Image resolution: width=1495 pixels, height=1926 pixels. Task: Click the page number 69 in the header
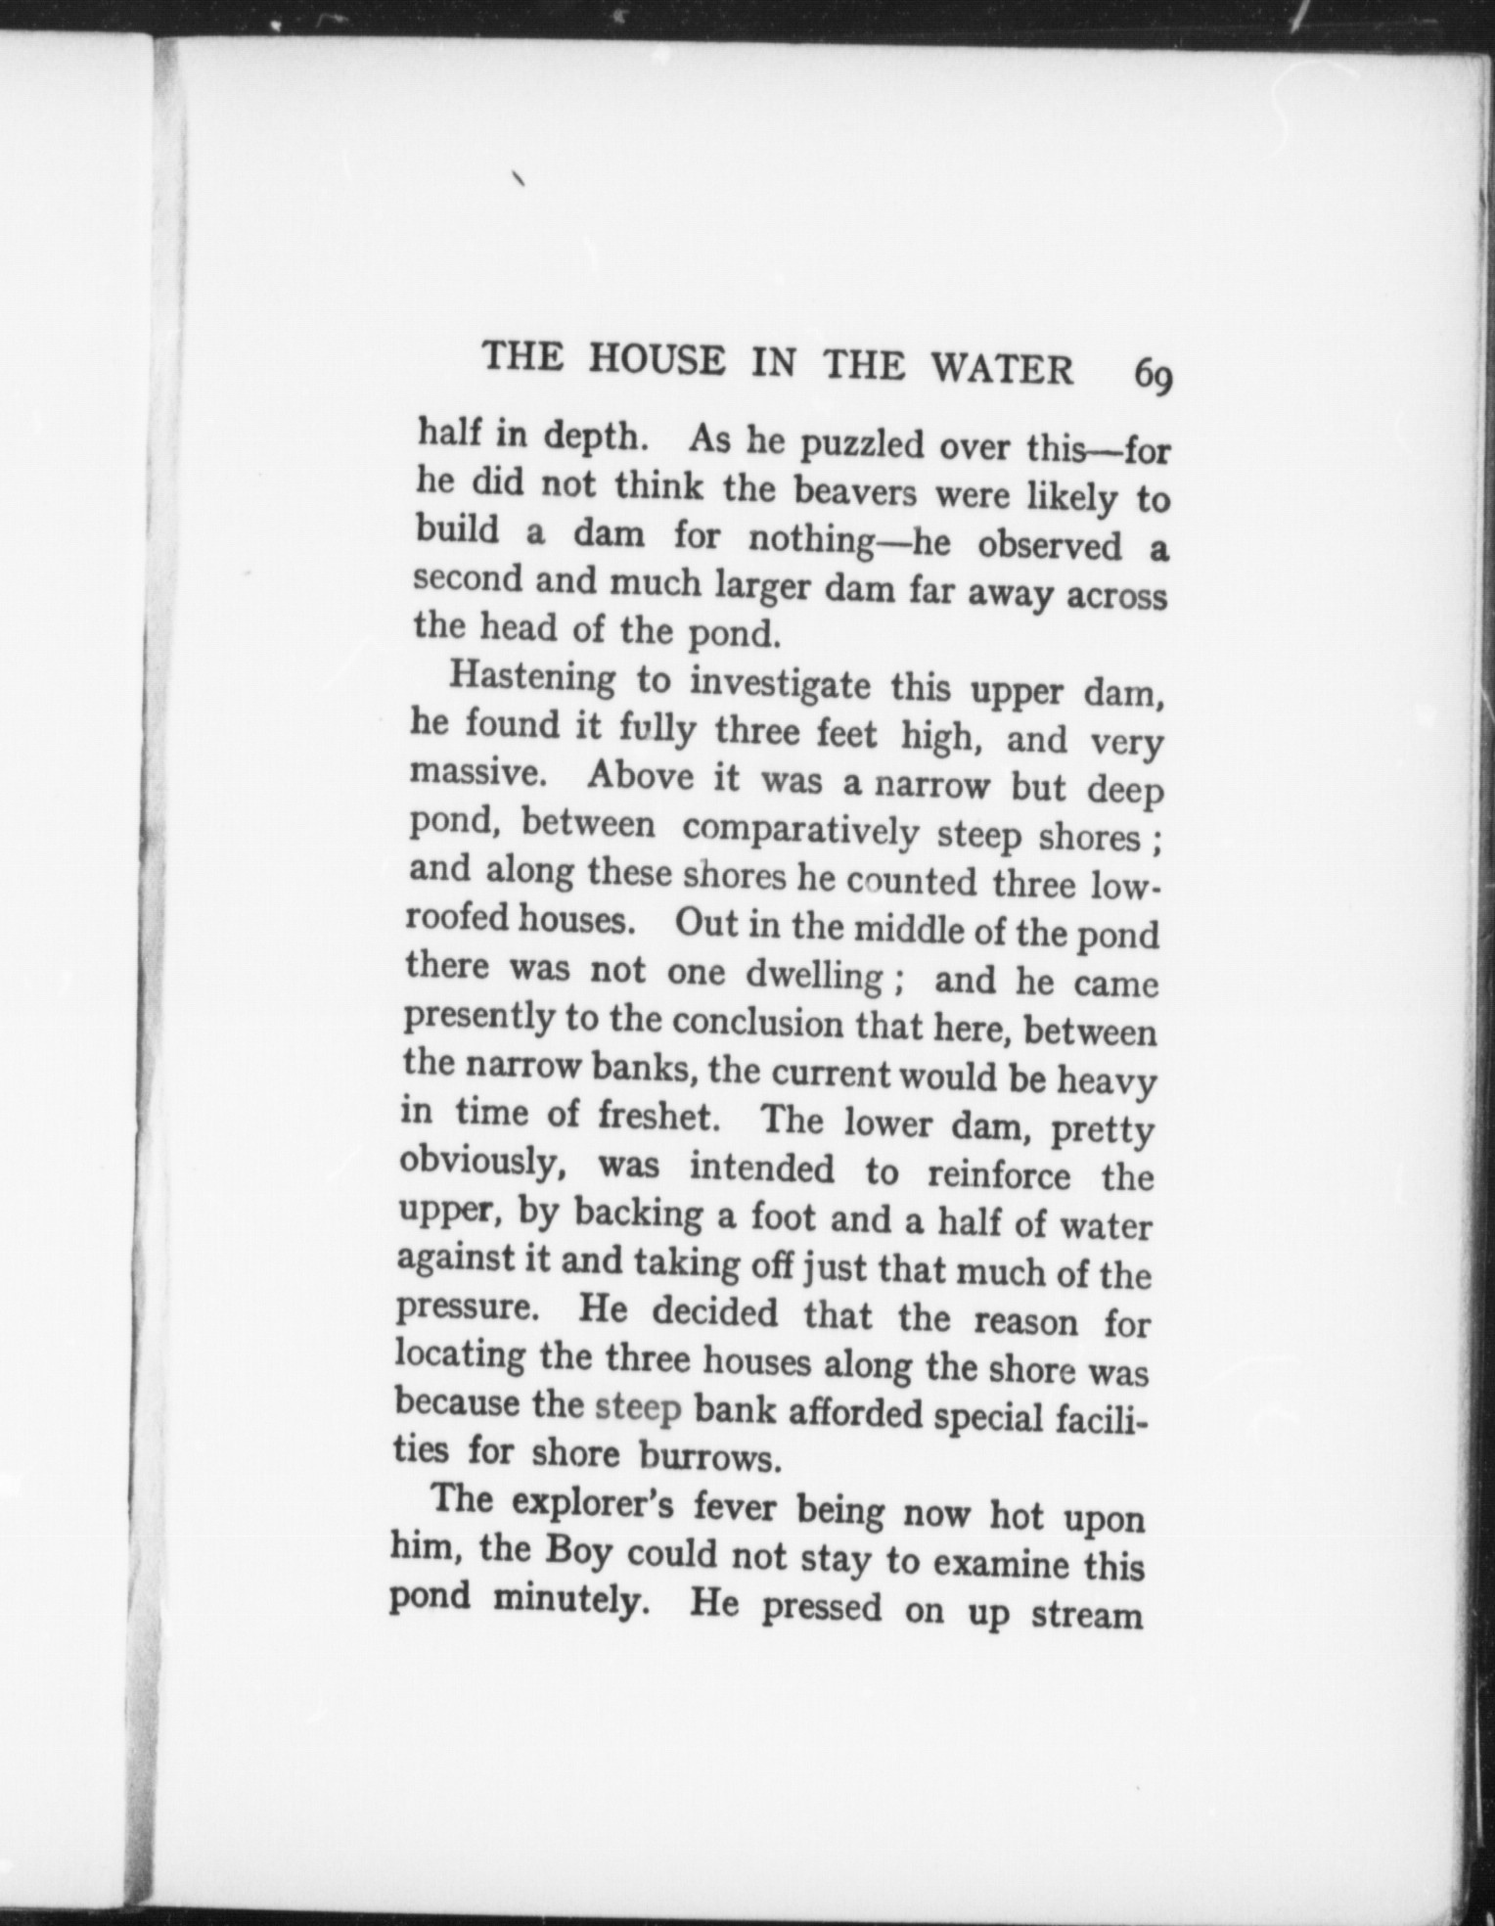[x=1152, y=376]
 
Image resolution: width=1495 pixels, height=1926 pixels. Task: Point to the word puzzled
[x=861, y=445]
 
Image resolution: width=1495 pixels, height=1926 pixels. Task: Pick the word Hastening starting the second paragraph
[x=532, y=677]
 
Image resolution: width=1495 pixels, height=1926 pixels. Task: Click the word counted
[x=911, y=882]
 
